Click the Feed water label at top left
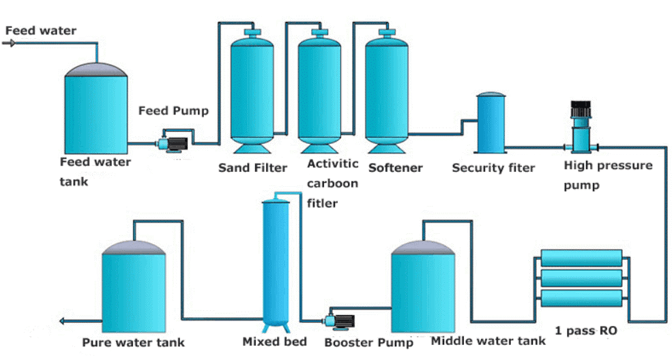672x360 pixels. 40,31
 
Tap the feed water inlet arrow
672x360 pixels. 9,43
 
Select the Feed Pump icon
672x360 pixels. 171,142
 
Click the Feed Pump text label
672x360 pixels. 173,110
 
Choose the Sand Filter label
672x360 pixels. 252,168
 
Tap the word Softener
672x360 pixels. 396,168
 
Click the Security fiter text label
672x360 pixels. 493,168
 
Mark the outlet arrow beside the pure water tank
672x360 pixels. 65,321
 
